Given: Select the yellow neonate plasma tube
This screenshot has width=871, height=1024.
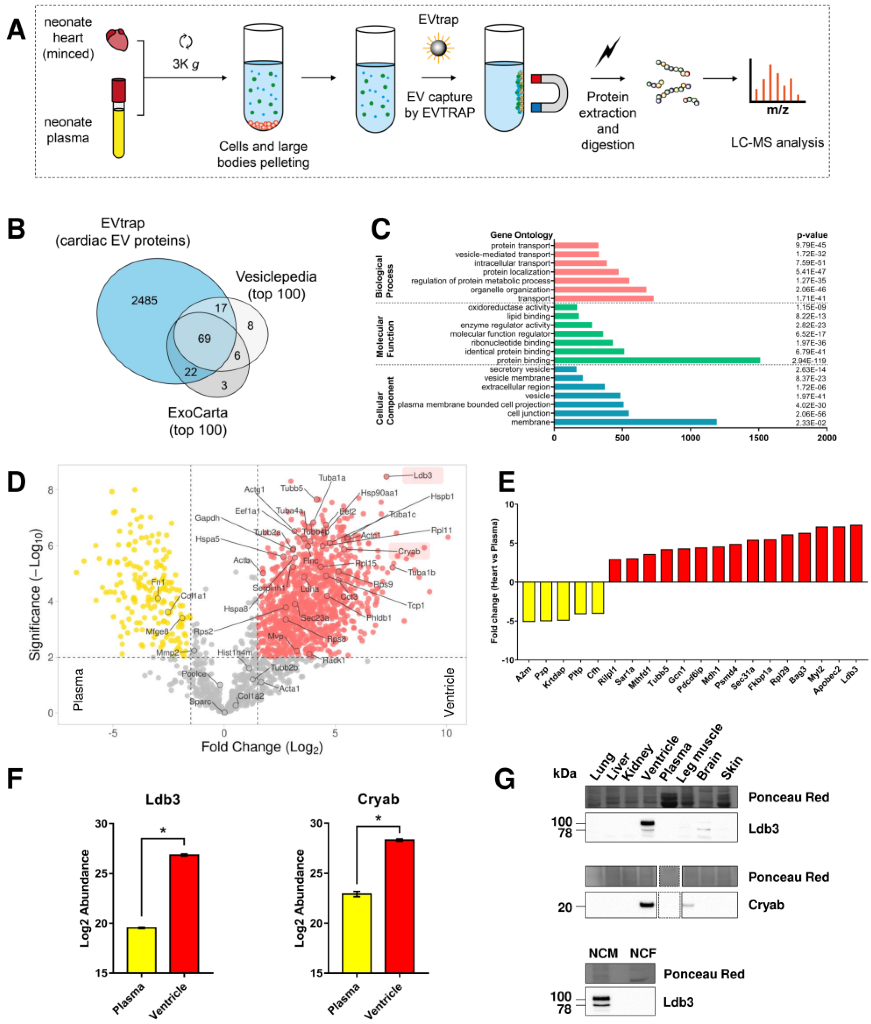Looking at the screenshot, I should (119, 130).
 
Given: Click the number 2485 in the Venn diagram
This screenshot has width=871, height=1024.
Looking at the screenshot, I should (144, 300).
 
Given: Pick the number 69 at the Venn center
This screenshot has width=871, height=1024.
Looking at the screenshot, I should (204, 338).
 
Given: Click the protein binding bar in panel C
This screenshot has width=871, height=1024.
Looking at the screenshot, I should (657, 361).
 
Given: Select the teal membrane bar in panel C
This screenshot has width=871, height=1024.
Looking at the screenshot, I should (635, 422).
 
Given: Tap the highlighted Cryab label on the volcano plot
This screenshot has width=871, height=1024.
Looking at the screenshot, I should (409, 551).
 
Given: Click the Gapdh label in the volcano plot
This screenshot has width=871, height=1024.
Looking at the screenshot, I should (207, 518).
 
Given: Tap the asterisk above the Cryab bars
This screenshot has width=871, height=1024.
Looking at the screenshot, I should (378, 818).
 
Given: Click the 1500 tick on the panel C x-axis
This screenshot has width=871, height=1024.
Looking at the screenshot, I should (759, 438).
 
